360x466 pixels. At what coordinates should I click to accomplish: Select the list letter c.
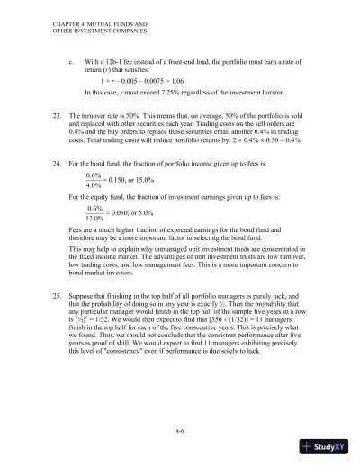(71, 60)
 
